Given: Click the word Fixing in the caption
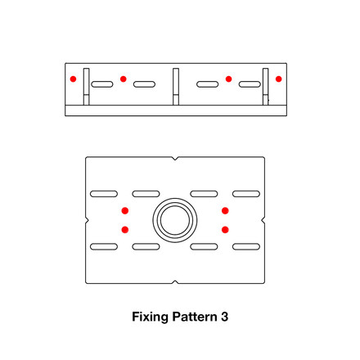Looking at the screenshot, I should pyautogui.click(x=149, y=315).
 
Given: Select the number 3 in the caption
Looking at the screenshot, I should pyautogui.click(x=224, y=315).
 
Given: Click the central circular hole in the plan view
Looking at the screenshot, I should pyautogui.click(x=174, y=220).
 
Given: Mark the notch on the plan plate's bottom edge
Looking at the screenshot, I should pyautogui.click(x=175, y=282).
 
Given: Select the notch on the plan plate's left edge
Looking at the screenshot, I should pyautogui.click(x=87, y=220).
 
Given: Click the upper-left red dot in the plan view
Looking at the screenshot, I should pyautogui.click(x=125, y=211).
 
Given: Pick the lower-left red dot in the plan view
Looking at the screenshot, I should pyautogui.click(x=125, y=230).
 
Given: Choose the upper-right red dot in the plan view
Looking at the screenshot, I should pyautogui.click(x=225, y=211).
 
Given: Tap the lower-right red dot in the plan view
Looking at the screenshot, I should pyautogui.click(x=225, y=230).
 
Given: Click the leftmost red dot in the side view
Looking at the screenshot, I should pyautogui.click(x=73, y=79).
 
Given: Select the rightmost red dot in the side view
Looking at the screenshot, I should pyautogui.click(x=279, y=79).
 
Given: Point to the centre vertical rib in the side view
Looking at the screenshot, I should pyautogui.click(x=175, y=87).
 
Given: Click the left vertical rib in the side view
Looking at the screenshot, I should pyautogui.click(x=87, y=87).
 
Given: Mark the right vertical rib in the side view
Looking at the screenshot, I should pyautogui.click(x=264, y=87).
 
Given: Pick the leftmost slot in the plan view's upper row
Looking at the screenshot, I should pyautogui.click(x=104, y=194).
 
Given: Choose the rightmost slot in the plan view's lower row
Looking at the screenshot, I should pyautogui.click(x=245, y=246).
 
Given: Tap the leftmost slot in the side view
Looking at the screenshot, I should pyautogui.click(x=102, y=84).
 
